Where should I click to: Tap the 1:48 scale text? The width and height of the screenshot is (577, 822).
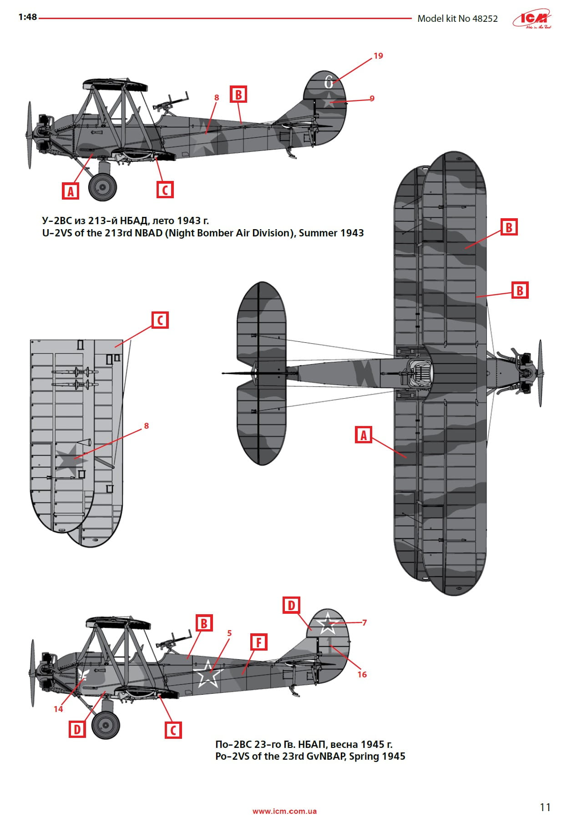click(x=27, y=17)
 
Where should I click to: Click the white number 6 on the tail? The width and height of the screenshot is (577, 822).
click(x=329, y=82)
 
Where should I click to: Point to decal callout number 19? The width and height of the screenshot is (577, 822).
click(x=378, y=56)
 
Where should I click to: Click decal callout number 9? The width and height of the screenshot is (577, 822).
click(x=372, y=98)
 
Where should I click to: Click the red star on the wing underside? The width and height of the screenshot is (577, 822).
click(x=71, y=460)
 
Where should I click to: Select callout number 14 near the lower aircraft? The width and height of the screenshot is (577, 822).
click(x=58, y=709)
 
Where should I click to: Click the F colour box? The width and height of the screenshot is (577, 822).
click(x=258, y=642)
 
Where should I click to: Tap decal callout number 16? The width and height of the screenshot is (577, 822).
click(x=362, y=674)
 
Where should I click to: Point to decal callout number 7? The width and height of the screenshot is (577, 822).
click(x=364, y=622)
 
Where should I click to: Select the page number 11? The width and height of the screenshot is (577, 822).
click(x=545, y=807)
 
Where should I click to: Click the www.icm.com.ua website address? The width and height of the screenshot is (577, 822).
click(x=284, y=811)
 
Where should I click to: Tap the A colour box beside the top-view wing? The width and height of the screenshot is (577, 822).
click(x=363, y=435)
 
